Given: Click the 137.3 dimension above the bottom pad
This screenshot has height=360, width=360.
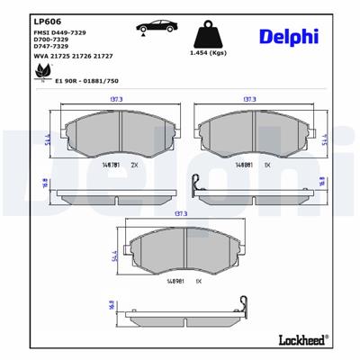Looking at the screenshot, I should tap(180, 214).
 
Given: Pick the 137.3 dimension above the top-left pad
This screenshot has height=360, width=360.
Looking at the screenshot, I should tap(117, 101).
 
